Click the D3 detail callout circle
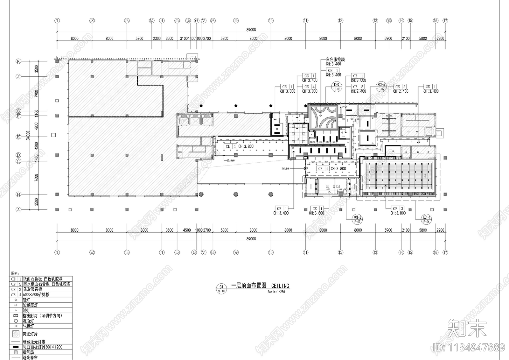(337, 86)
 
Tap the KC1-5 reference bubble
(381, 86)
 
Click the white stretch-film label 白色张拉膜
(335, 60)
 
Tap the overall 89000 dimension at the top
(251, 30)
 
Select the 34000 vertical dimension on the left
(28, 135)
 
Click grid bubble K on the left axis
(18, 61)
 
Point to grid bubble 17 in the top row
(445, 21)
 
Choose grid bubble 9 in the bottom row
(236, 252)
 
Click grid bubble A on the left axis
(18, 210)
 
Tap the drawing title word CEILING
(280, 286)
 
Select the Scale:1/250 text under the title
(276, 292)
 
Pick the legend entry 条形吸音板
(32, 289)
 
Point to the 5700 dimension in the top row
(139, 39)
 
